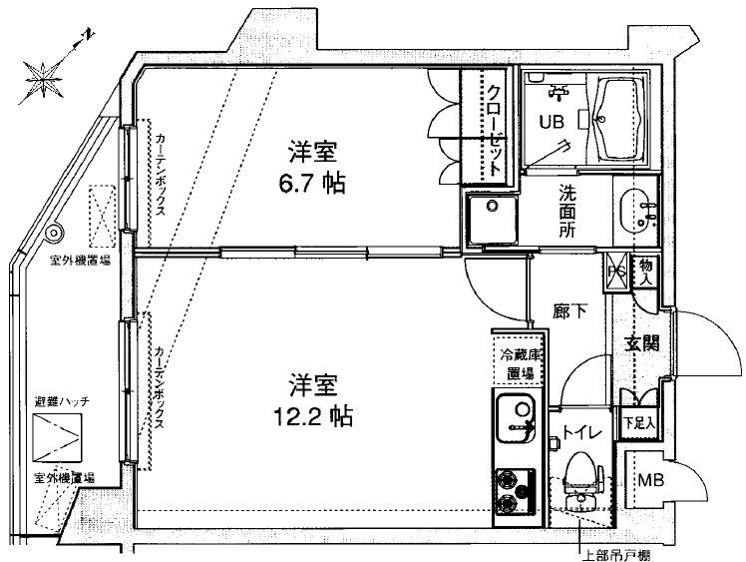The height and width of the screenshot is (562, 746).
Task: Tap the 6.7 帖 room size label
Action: [312, 169]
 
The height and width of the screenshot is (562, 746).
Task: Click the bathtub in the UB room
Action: [618, 118]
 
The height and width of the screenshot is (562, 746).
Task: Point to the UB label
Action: [552, 122]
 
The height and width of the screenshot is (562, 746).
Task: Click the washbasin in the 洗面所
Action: [634, 211]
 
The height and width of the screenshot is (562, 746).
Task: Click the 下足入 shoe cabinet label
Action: [639, 422]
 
